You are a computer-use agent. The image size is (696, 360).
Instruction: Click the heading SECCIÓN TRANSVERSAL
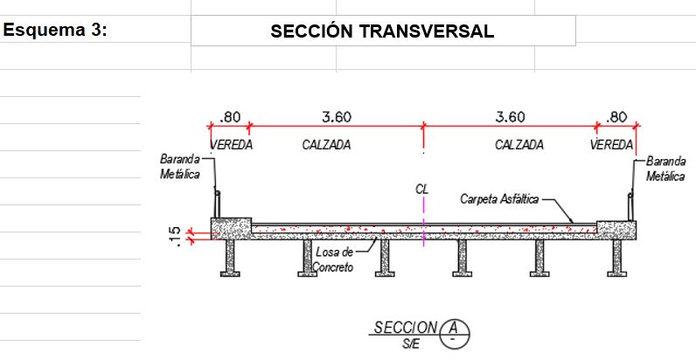point(382,31)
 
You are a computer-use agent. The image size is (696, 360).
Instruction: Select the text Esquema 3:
point(55,31)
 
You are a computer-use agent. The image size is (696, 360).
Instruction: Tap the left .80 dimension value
point(230,117)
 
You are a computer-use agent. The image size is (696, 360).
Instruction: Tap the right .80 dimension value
point(616,117)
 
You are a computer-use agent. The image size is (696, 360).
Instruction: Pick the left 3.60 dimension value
point(337,117)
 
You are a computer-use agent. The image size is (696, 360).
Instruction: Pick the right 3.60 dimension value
point(510,117)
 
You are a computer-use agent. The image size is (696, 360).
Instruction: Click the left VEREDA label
point(231,144)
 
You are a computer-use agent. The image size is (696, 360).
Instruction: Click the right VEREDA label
point(612,144)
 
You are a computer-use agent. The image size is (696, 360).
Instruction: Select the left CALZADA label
point(326,144)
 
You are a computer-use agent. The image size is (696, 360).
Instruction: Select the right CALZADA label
point(519,144)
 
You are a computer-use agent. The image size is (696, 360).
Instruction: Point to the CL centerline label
point(422,190)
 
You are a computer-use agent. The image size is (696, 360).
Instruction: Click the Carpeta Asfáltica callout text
point(499,199)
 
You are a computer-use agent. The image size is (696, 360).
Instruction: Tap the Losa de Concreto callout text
point(334,260)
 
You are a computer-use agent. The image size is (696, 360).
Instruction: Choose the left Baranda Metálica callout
point(180,167)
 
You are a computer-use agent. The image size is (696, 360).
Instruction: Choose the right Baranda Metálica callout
point(665,169)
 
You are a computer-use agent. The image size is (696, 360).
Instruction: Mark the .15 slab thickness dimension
point(176,236)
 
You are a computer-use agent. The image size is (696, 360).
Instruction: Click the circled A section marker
point(454,334)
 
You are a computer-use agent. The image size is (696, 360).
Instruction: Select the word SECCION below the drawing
point(405,328)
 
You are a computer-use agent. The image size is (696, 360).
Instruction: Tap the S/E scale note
point(411,343)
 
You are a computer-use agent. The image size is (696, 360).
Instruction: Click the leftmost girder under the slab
point(230,258)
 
